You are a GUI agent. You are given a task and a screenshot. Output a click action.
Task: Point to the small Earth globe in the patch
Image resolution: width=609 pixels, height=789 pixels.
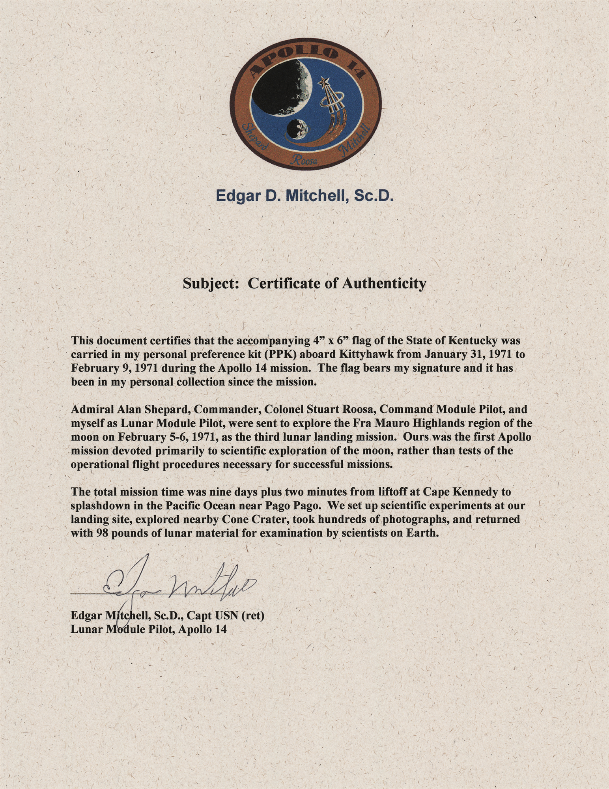point(297,129)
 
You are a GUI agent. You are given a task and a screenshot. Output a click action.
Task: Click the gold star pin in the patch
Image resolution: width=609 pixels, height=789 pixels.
point(325,82)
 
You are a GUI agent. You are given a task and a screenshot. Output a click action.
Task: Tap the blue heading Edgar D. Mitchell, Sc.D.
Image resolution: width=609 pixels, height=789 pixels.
point(304,196)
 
